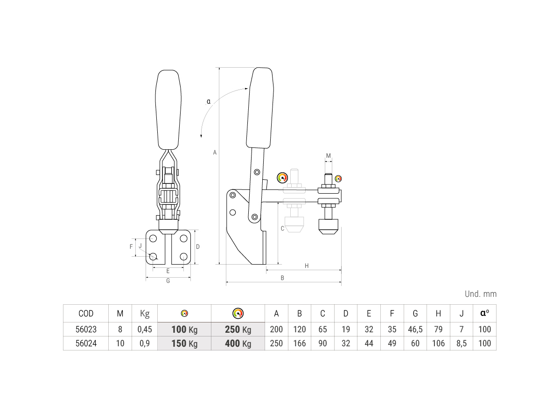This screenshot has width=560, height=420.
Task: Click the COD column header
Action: pos(86,314)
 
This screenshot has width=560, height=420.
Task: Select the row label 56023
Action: pos(86,329)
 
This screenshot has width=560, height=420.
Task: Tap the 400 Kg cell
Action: pos(238,343)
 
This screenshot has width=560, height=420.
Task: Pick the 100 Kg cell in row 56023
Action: pos(184,329)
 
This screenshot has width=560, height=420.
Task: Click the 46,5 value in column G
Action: pos(415,329)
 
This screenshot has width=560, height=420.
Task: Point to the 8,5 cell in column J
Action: pos(462,343)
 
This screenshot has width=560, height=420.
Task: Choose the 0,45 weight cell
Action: pos(145,329)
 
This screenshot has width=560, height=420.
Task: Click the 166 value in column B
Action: pos(300,343)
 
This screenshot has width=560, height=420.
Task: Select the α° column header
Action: pos(484,313)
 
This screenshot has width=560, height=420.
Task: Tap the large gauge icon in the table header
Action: pos(238,313)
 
